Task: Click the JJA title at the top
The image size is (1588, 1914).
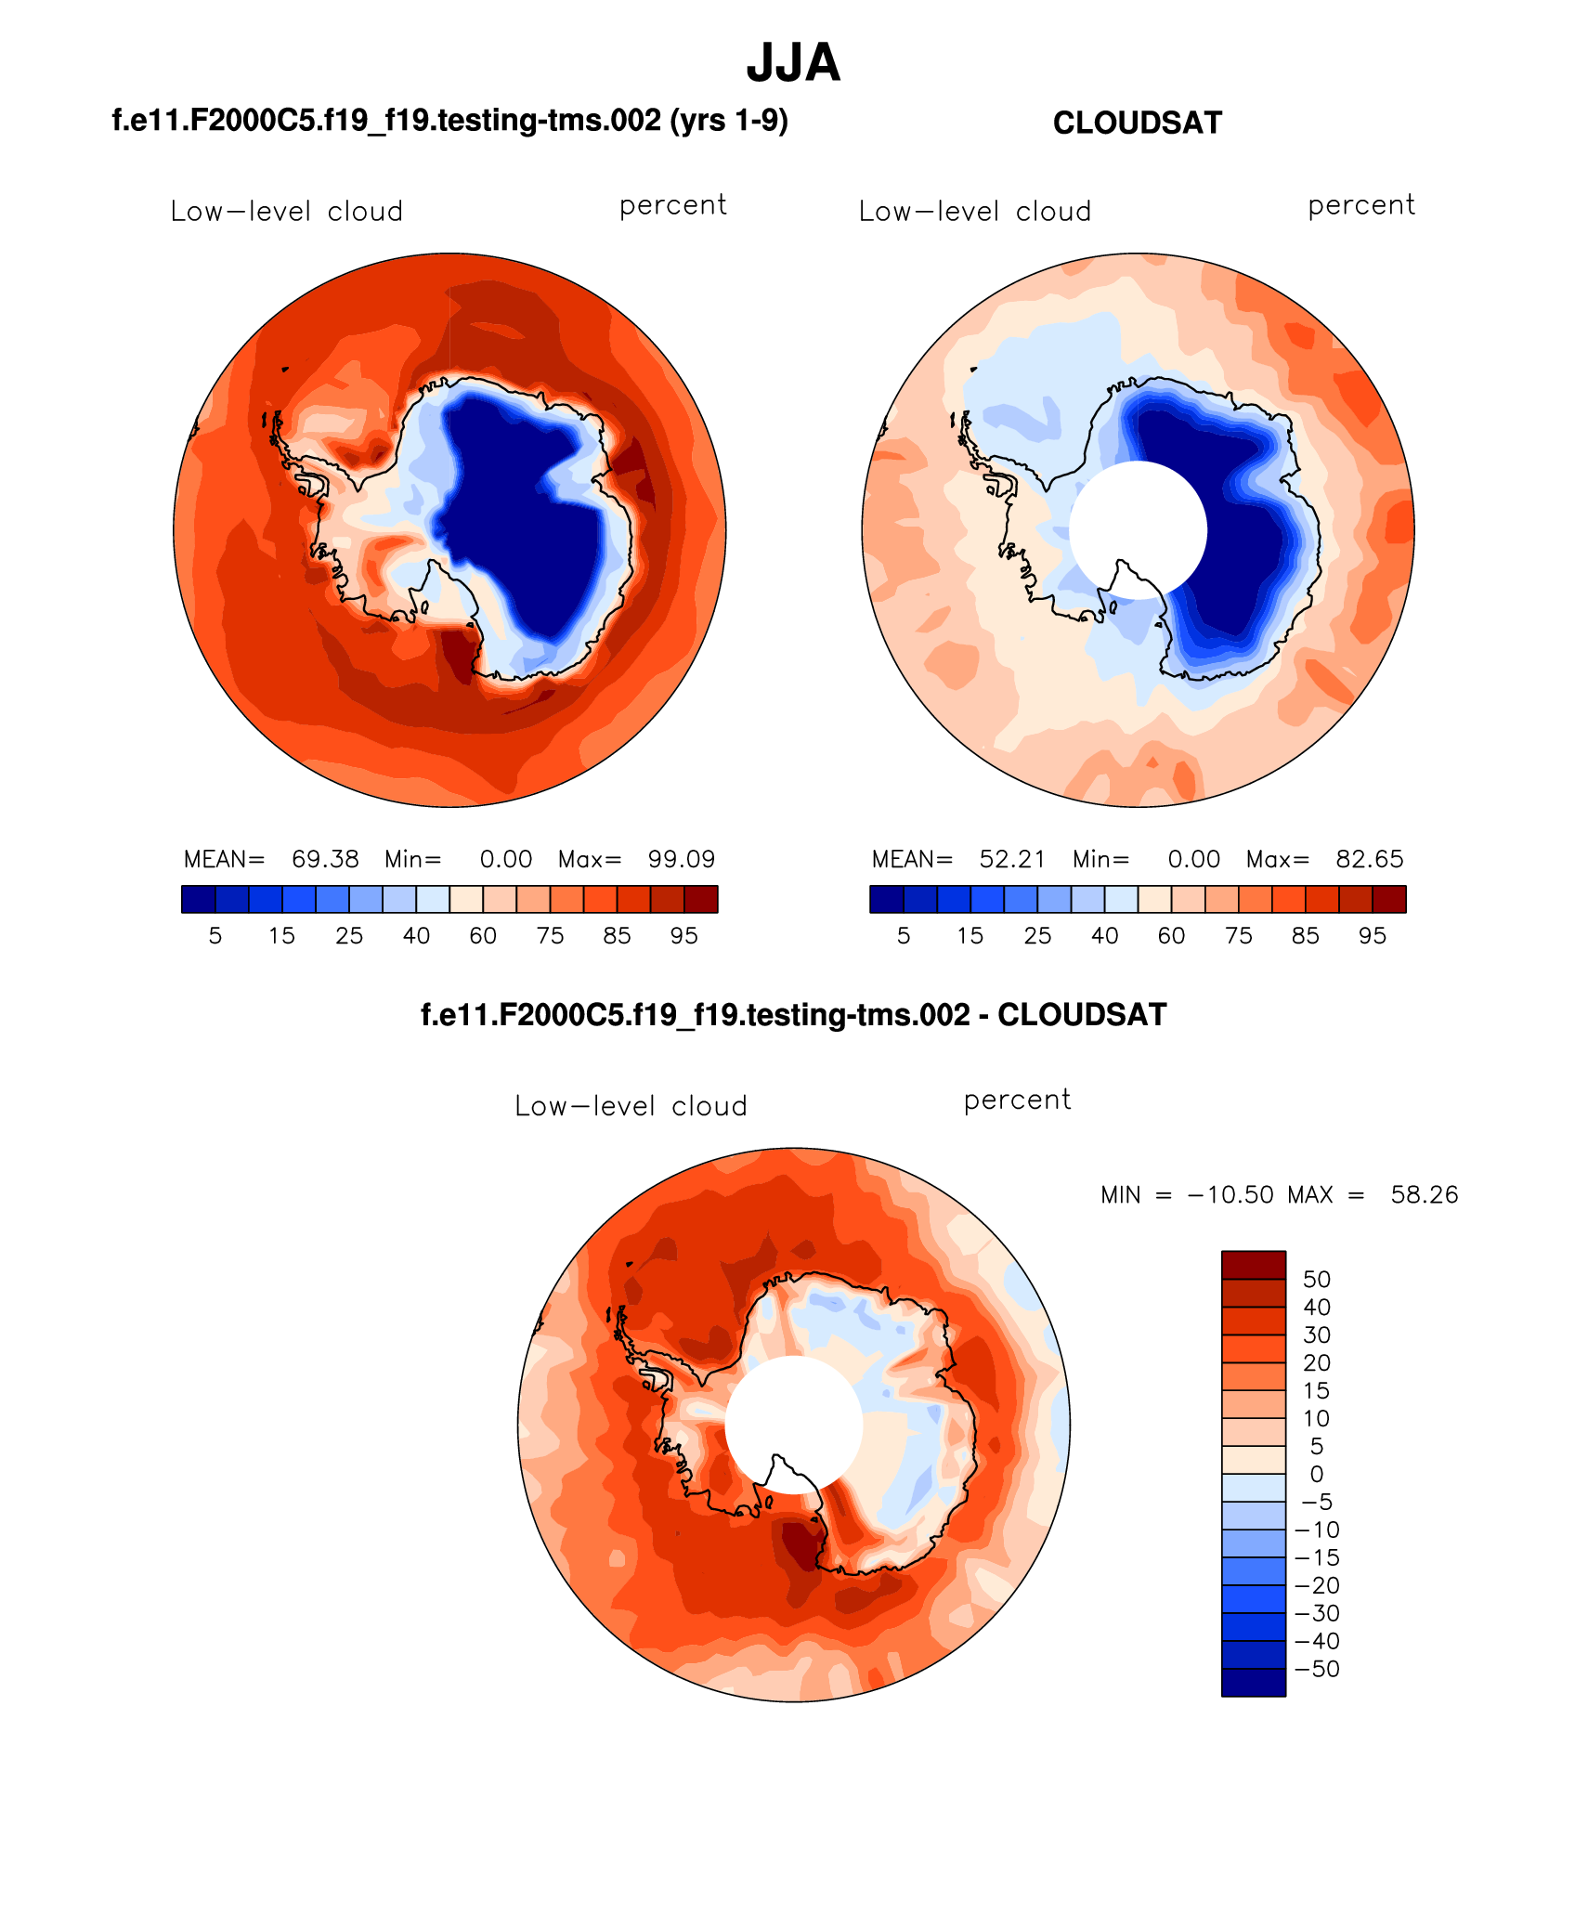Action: pos(793,63)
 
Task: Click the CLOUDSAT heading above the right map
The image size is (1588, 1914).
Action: pos(1137,123)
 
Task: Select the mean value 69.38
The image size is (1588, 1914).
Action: pos(325,859)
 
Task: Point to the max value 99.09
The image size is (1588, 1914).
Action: pos(682,859)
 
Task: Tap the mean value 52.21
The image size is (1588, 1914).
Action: pos(1012,859)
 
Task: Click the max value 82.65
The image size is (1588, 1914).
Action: pos(1369,859)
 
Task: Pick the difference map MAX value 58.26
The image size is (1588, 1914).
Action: pos(1424,1194)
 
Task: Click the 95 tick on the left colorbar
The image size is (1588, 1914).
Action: pos(683,936)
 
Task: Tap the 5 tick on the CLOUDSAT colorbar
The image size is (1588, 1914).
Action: pos(904,936)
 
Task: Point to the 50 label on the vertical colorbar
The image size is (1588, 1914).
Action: pos(1317,1280)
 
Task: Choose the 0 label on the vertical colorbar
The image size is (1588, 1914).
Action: pos(1317,1474)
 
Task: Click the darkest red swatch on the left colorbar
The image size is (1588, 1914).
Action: pos(701,899)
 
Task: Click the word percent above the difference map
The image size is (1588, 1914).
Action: pos(1017,1100)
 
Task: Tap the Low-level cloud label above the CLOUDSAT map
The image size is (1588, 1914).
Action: pos(974,212)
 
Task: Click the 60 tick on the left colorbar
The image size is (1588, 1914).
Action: pos(483,936)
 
